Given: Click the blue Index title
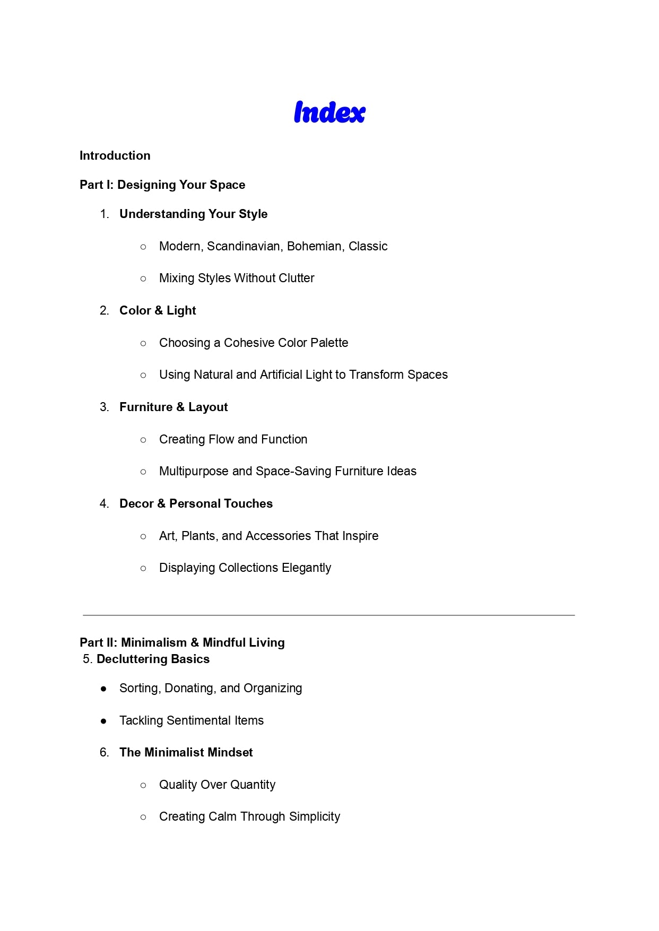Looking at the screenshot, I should point(329,112).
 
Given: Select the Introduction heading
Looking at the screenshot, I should point(115,155).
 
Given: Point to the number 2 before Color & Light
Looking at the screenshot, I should point(103,310).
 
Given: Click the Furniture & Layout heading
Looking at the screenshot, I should point(174,407).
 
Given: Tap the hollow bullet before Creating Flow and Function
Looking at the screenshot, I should point(143,440).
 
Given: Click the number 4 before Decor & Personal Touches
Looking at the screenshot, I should point(103,503).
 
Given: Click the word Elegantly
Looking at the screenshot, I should point(306,568).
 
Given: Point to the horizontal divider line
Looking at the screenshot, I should point(329,615).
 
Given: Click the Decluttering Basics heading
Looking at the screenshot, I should point(153,659).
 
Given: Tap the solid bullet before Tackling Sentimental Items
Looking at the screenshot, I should point(103,721).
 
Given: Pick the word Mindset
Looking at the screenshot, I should point(230,752).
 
